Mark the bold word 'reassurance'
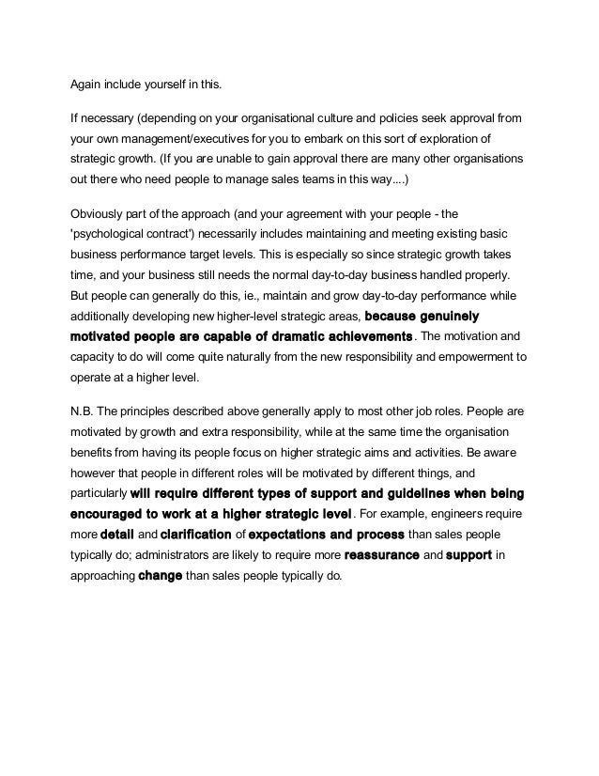point(383,554)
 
